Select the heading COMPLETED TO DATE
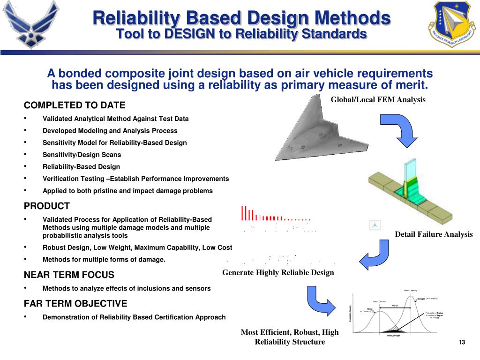(x=75, y=105)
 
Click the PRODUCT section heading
(x=47, y=206)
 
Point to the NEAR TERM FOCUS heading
(x=69, y=275)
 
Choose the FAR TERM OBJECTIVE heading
(x=75, y=303)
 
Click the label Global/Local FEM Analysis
(x=378, y=99)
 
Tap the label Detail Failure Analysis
(x=434, y=234)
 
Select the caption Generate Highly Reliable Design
(x=278, y=273)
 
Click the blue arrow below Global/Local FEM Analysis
(x=398, y=129)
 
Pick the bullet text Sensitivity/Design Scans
(x=82, y=155)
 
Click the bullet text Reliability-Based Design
(x=81, y=167)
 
